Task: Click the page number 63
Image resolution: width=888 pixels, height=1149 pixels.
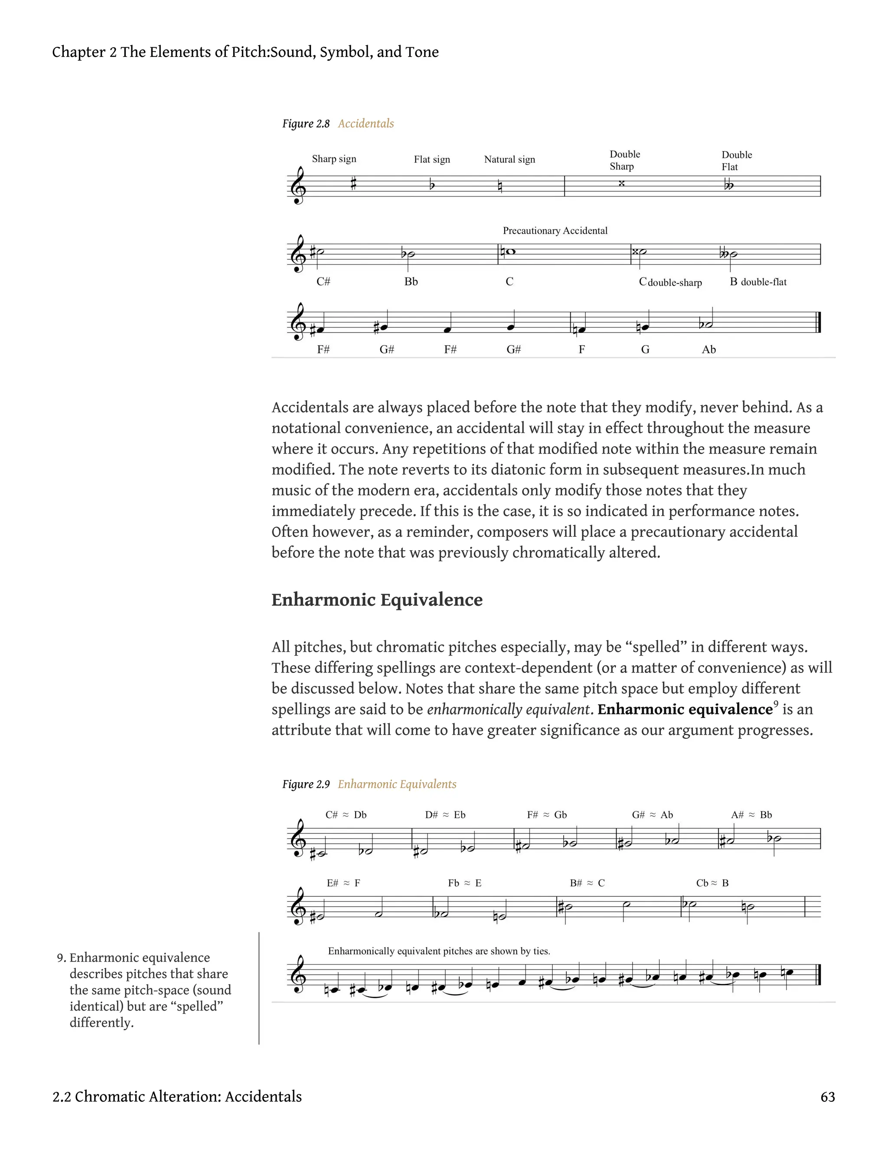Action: (x=827, y=1097)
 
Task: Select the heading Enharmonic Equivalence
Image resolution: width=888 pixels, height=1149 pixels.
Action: (x=377, y=600)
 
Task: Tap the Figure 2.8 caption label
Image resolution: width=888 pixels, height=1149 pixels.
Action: (x=306, y=124)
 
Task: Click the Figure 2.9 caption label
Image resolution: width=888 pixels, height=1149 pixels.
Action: (x=306, y=784)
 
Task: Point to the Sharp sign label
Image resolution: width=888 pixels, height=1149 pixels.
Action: (x=334, y=159)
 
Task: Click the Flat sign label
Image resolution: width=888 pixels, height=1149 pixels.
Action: (x=432, y=160)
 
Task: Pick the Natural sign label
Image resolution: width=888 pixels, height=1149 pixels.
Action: (x=509, y=160)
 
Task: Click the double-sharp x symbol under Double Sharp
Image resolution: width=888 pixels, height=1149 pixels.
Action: (x=621, y=183)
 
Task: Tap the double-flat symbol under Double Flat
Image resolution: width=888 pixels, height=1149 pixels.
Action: (x=728, y=185)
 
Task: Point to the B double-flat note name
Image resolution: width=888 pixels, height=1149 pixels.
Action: (x=758, y=282)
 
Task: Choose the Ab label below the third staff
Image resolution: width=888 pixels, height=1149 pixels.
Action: (x=708, y=349)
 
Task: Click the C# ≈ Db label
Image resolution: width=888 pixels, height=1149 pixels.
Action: (x=346, y=815)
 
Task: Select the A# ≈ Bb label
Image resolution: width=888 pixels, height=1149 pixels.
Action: (x=751, y=815)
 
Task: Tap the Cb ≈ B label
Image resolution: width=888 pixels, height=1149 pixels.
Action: (x=712, y=883)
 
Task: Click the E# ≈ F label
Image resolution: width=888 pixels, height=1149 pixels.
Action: (x=343, y=883)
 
